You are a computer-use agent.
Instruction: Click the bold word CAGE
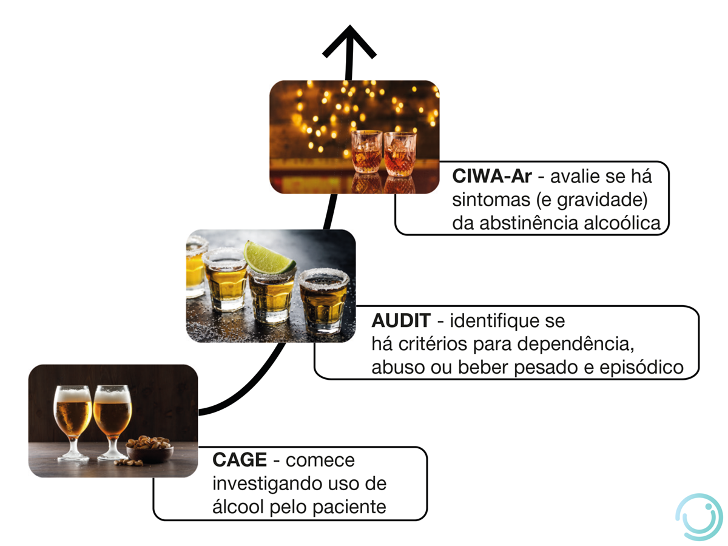click(x=240, y=460)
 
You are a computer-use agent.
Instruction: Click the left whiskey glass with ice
click(x=366, y=152)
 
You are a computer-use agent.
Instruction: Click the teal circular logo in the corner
click(x=698, y=516)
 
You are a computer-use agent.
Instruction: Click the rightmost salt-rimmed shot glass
click(x=325, y=300)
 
